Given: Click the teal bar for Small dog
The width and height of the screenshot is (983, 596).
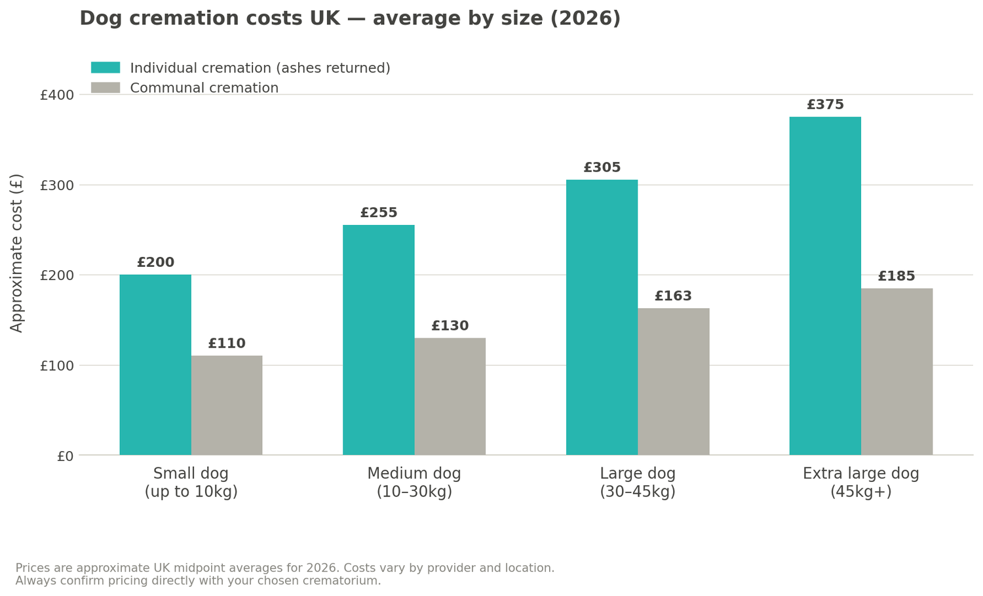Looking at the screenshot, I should pyautogui.click(x=155, y=365).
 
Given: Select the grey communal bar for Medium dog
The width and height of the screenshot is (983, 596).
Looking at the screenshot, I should pyautogui.click(x=450, y=396).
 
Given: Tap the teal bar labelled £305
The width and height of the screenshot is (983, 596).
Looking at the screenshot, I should pyautogui.click(x=602, y=317).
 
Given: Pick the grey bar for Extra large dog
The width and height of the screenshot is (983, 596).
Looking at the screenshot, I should pyautogui.click(x=896, y=371).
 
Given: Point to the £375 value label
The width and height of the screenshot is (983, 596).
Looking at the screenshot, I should pyautogui.click(x=825, y=105).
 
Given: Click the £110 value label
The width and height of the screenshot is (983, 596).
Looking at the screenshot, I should pyautogui.click(x=227, y=344).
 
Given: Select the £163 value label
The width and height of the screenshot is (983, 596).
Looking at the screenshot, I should pyautogui.click(x=673, y=296).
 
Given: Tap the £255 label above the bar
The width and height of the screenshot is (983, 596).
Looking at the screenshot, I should pyautogui.click(x=379, y=213).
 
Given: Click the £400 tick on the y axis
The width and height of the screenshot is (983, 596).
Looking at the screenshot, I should pyautogui.click(x=57, y=95).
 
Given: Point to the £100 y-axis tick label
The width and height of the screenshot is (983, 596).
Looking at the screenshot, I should pyautogui.click(x=57, y=366).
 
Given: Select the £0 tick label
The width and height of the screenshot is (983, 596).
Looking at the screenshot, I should pyautogui.click(x=66, y=456).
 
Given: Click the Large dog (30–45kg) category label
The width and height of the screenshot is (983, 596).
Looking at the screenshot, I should pyautogui.click(x=638, y=483).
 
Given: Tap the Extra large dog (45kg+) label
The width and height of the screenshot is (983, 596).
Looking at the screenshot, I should pyautogui.click(x=860, y=483).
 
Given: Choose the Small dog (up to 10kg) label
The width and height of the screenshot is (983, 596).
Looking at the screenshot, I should pyautogui.click(x=191, y=483).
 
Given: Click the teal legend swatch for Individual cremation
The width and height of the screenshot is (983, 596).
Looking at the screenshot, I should pyautogui.click(x=106, y=68).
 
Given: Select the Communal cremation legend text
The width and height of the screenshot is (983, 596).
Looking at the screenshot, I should pyautogui.click(x=204, y=88).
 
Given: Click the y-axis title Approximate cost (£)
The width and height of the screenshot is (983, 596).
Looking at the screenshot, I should pyautogui.click(x=17, y=252).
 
